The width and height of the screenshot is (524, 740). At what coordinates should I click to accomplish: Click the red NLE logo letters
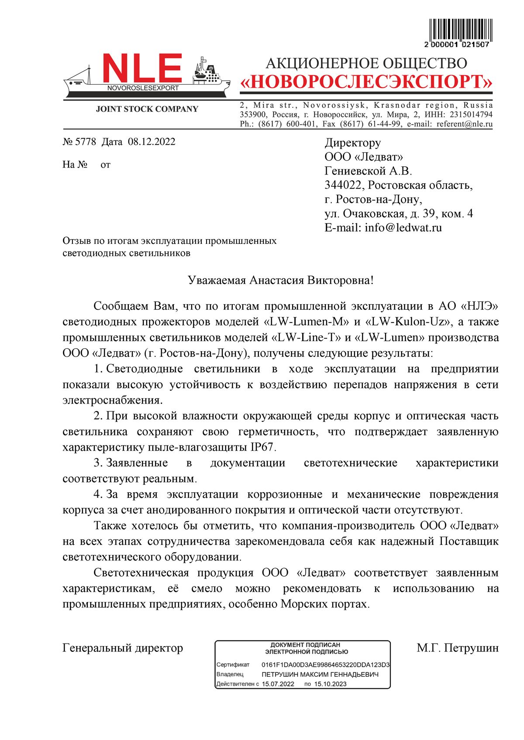pyautogui.click(x=142, y=69)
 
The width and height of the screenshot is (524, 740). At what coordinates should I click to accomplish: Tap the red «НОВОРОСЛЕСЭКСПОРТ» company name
pyautogui.click(x=366, y=82)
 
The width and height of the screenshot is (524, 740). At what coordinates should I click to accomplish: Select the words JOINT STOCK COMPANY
pyautogui.click(x=147, y=109)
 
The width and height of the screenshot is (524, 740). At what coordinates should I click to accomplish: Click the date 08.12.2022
pyautogui.click(x=152, y=142)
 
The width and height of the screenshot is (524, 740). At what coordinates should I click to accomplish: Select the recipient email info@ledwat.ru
pyautogui.click(x=403, y=227)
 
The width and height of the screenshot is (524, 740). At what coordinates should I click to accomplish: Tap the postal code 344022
pyautogui.click(x=343, y=185)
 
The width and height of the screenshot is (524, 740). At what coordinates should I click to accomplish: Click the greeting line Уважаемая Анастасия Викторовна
pyautogui.click(x=280, y=280)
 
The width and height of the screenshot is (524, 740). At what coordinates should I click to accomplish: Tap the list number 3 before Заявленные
pyautogui.click(x=97, y=463)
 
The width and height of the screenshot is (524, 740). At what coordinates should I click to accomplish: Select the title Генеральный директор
pyautogui.click(x=123, y=648)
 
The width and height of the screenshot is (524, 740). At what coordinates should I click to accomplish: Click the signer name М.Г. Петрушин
pyautogui.click(x=457, y=648)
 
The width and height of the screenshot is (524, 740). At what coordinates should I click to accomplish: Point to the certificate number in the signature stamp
pyautogui.click(x=325, y=665)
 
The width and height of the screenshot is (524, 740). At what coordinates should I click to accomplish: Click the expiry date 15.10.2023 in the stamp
pyautogui.click(x=330, y=684)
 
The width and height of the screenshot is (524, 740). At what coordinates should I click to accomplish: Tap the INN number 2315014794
pyautogui.click(x=470, y=115)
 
